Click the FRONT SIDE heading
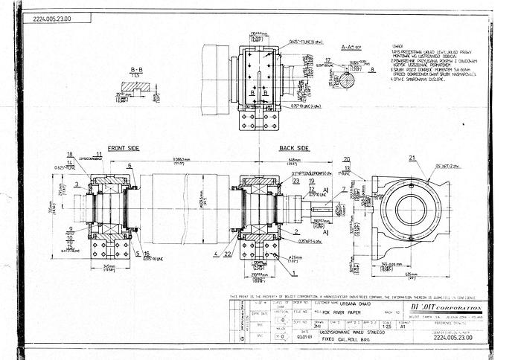pos(124,148)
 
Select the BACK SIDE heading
pos(294,148)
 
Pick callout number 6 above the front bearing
pos(130,166)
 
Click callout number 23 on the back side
pos(295,180)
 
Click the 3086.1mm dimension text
pos(182,161)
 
